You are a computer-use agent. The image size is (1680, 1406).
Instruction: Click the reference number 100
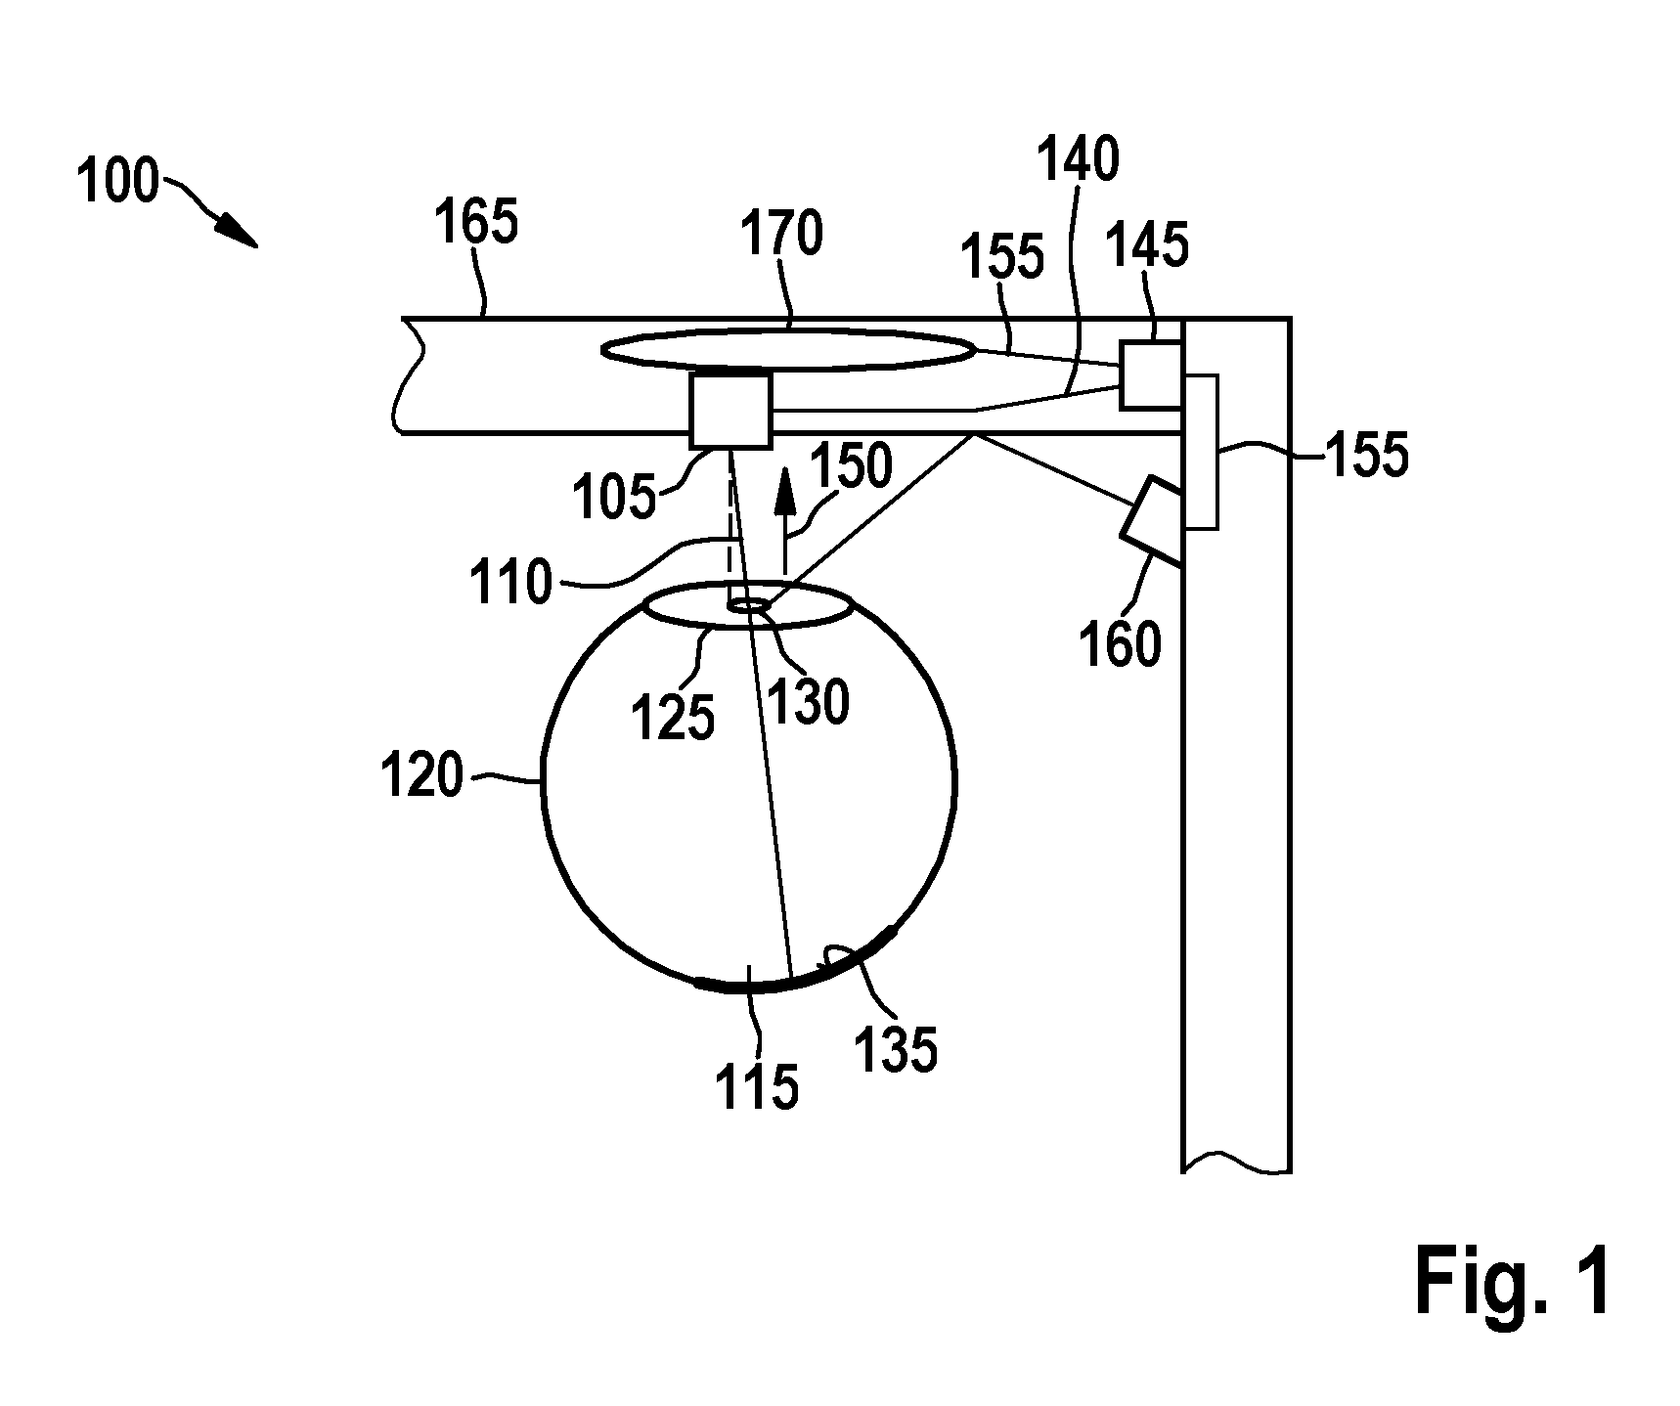[117, 182]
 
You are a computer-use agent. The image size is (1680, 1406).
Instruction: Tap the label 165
[476, 222]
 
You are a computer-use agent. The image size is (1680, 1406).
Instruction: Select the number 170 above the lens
[782, 234]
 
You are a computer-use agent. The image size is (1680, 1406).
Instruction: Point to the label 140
[1079, 159]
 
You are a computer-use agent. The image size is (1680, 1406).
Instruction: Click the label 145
[1147, 244]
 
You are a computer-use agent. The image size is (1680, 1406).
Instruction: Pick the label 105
[614, 498]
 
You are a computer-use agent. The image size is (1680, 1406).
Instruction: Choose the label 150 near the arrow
[851, 466]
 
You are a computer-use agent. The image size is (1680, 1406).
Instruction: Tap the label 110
[511, 583]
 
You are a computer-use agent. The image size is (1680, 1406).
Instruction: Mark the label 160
[1121, 644]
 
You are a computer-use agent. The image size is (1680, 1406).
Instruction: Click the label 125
[674, 720]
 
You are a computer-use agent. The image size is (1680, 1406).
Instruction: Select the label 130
[809, 702]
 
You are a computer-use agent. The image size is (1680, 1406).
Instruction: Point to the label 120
[422, 777]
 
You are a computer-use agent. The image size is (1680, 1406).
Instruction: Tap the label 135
[896, 1051]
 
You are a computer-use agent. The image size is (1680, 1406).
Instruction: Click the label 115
[757, 1086]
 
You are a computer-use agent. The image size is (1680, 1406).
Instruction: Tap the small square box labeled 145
[1151, 374]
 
